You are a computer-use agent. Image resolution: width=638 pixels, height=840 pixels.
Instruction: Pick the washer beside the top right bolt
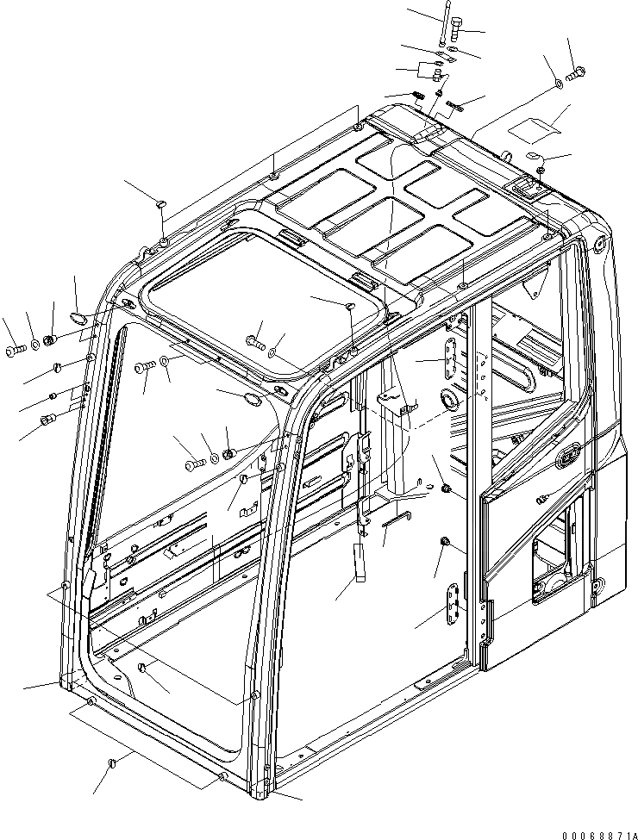coord(560,84)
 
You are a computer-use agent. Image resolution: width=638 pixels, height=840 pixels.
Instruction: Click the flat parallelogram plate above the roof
coord(534,126)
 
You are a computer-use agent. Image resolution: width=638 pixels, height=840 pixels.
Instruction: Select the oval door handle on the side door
coord(570,454)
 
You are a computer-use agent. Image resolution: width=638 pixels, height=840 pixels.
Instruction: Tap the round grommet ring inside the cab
coord(449,399)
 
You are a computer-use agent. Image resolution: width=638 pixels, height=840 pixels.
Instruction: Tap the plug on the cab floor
coord(144,669)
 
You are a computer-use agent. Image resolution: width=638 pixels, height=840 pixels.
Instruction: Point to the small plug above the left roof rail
coord(160,202)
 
